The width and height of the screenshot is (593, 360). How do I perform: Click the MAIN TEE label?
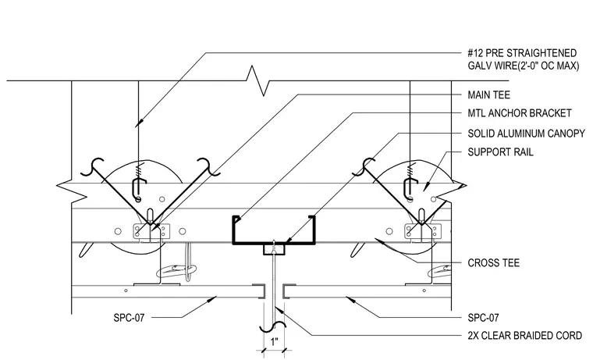tap(488, 94)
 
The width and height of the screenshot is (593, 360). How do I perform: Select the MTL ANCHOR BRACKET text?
tap(519, 113)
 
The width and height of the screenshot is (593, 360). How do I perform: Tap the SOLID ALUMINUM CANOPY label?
tap(526, 134)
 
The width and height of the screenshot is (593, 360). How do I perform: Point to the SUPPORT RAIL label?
tap(500, 152)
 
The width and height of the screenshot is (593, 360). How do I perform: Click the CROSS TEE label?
tap(494, 262)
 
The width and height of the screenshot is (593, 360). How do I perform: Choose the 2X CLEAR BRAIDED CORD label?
tap(524, 335)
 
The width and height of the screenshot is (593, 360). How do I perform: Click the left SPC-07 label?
tap(129, 318)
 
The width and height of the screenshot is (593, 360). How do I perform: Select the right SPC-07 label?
tap(483, 318)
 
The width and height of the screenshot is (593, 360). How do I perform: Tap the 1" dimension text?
tap(274, 342)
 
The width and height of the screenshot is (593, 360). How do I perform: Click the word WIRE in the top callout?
tap(506, 66)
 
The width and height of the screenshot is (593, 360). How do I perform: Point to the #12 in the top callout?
tap(476, 53)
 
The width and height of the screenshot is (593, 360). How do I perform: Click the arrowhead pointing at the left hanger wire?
tap(139, 123)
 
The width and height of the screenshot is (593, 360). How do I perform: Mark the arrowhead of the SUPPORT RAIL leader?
tap(426, 185)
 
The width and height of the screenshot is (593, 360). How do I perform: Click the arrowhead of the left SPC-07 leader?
tap(211, 299)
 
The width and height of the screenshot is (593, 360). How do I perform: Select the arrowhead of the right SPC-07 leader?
tap(350, 299)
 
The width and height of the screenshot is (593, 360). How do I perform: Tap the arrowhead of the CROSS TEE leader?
tap(379, 241)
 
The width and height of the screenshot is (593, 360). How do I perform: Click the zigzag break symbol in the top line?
tap(257, 80)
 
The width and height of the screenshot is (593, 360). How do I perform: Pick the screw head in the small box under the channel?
tap(274, 248)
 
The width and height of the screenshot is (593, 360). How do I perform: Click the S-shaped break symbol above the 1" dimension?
tap(272, 326)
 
